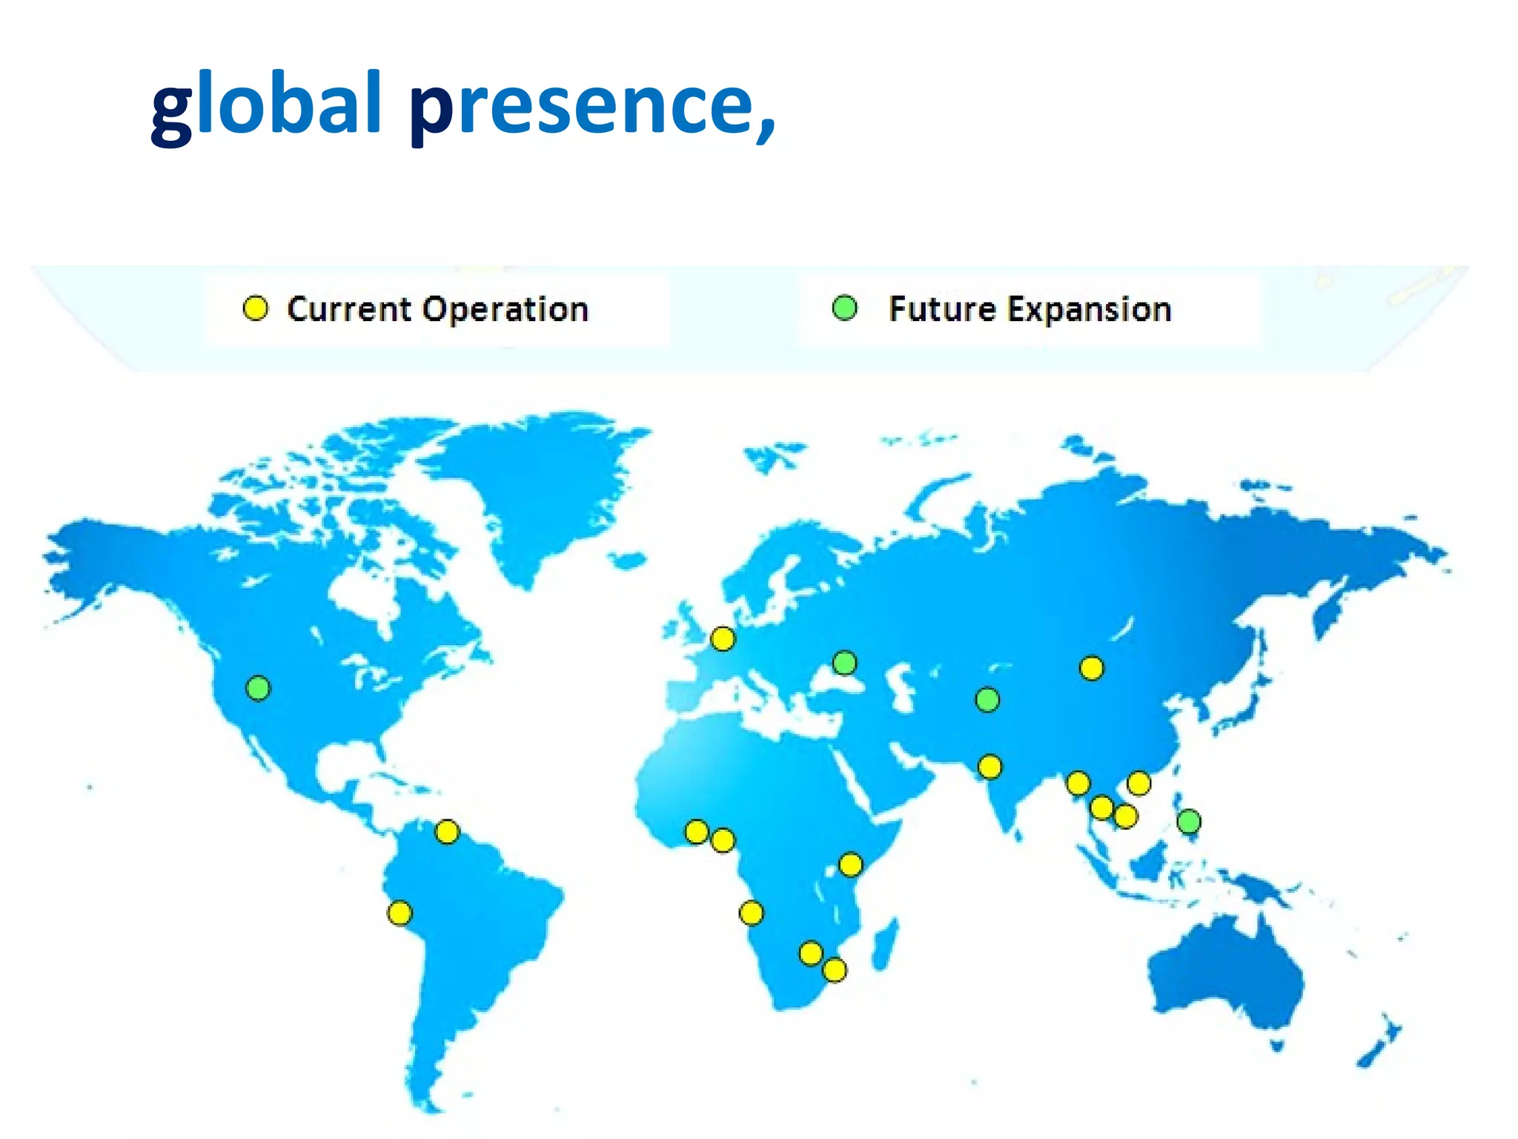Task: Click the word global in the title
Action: pyautogui.click(x=266, y=104)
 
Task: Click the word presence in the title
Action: pyautogui.click(x=593, y=104)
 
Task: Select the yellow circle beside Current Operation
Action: pyautogui.click(x=255, y=308)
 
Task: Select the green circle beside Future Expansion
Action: pyautogui.click(x=844, y=308)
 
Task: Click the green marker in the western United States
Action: pyautogui.click(x=258, y=688)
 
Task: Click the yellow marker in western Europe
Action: pyautogui.click(x=723, y=638)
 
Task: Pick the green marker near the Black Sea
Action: pyautogui.click(x=844, y=662)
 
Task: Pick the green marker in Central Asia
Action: pyautogui.click(x=987, y=699)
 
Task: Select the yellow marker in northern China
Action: pyautogui.click(x=1091, y=668)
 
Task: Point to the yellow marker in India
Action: pyautogui.click(x=990, y=766)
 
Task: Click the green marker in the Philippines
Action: pyautogui.click(x=1188, y=821)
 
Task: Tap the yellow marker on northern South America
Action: pyautogui.click(x=447, y=831)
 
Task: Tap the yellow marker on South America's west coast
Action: pyautogui.click(x=400, y=913)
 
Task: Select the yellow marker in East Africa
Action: pyautogui.click(x=850, y=865)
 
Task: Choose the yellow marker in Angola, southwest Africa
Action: pyautogui.click(x=751, y=913)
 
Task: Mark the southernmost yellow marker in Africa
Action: pyautogui.click(x=835, y=970)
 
